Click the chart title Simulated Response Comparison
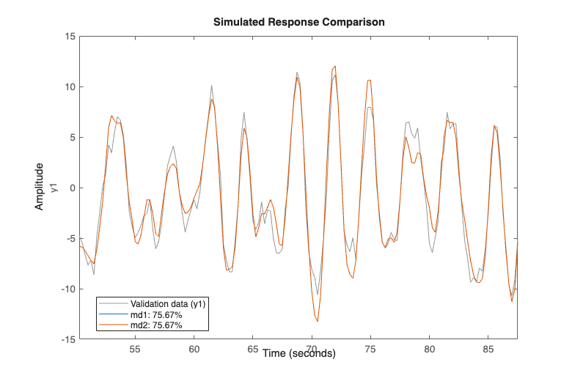pyautogui.click(x=298, y=22)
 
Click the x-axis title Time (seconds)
pyautogui.click(x=298, y=353)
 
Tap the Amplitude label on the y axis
pyautogui.click(x=40, y=188)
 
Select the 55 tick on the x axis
pyautogui.click(x=135, y=349)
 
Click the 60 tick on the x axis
pyautogui.click(x=194, y=349)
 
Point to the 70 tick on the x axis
pyautogui.click(x=312, y=349)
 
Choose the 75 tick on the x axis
pyautogui.click(x=370, y=349)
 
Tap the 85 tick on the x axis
pyautogui.click(x=488, y=349)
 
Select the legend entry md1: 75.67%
pyautogui.click(x=156, y=314)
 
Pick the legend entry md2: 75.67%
pyautogui.click(x=156, y=325)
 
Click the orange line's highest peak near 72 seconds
pyautogui.click(x=335, y=66)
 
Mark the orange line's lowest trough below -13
pyautogui.click(x=317, y=321)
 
